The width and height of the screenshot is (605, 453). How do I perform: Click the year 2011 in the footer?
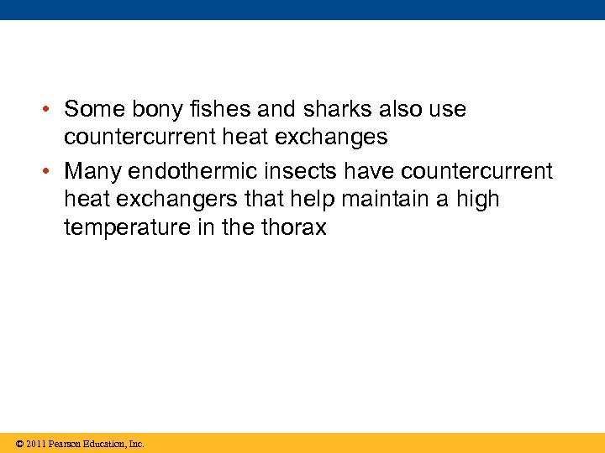35,444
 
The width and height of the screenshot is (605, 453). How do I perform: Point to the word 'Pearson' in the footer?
66,444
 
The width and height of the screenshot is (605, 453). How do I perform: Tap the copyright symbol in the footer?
18,444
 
